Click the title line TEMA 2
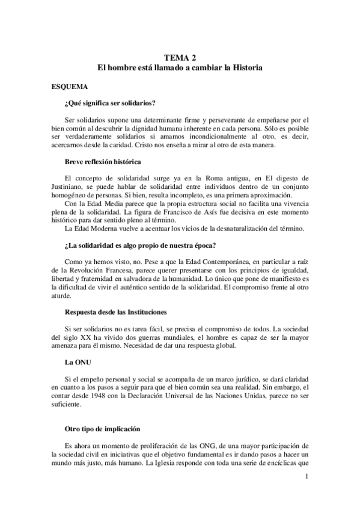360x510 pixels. click(180, 58)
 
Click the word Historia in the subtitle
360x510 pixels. click(244, 70)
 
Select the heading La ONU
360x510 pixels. click(76, 363)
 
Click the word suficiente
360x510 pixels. click(66, 406)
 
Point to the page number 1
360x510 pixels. click(307, 477)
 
